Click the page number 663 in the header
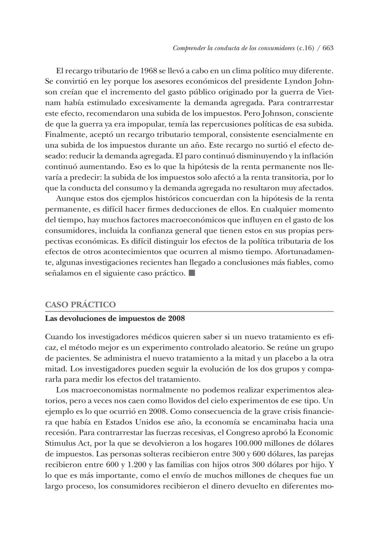(x=328, y=48)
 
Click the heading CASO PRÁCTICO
(x=80, y=304)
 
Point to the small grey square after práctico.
(x=191, y=273)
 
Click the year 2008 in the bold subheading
(x=176, y=318)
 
